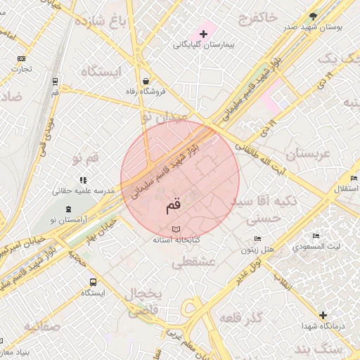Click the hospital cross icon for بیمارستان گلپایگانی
coord(205,34)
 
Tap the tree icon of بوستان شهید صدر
coord(313,15)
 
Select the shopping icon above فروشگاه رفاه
coord(145,80)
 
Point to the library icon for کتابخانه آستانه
coord(176,229)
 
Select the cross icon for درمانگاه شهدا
coord(323,316)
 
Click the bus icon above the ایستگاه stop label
coord(93,282)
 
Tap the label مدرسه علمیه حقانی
coord(79,191)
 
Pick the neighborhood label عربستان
coord(307,154)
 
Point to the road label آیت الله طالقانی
coord(263,154)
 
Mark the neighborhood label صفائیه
coord(41,327)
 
